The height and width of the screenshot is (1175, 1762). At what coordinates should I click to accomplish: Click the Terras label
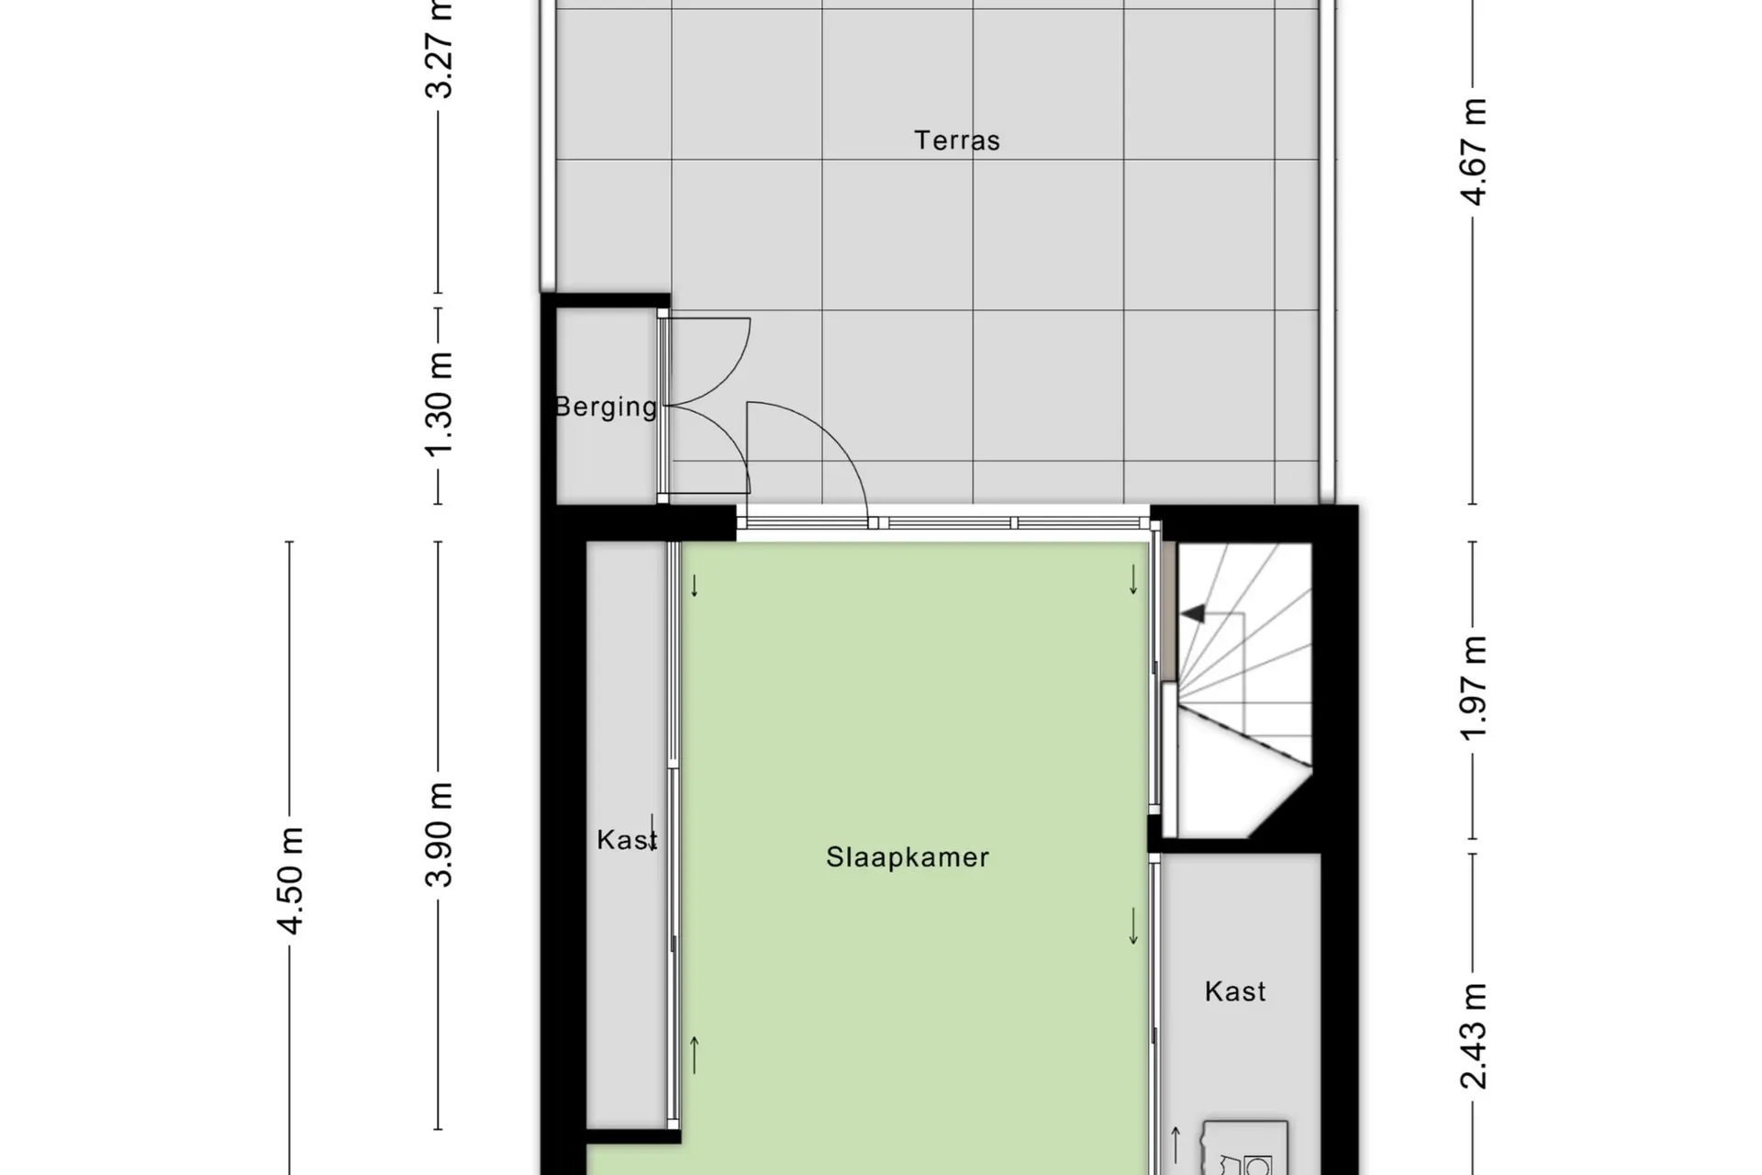[956, 140]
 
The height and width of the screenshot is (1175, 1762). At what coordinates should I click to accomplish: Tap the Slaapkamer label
[908, 857]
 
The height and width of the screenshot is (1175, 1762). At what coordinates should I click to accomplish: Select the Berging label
[606, 407]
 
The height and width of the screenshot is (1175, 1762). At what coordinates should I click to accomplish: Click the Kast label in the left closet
[627, 840]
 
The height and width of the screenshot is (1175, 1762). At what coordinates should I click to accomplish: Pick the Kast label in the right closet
[1235, 991]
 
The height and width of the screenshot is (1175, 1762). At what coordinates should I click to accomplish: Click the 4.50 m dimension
[290, 880]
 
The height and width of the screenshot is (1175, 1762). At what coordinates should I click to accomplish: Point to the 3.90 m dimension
[439, 834]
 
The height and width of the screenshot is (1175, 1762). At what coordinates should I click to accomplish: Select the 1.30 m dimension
[439, 403]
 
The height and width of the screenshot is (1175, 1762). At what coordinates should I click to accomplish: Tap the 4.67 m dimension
[1473, 151]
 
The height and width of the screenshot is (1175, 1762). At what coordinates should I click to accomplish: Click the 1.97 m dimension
[1473, 688]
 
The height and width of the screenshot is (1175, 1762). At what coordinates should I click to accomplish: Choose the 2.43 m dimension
[1473, 1035]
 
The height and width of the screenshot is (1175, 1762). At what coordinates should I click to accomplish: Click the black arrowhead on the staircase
[1193, 613]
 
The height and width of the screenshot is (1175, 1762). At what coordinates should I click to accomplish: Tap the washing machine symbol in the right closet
[1245, 1147]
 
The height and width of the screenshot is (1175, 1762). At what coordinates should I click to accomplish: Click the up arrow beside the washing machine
[1176, 1145]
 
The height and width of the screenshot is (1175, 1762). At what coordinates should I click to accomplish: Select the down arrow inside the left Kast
[652, 832]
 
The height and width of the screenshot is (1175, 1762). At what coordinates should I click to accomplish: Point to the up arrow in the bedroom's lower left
[695, 1055]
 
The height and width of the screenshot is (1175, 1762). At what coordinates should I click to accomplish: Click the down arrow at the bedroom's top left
[695, 585]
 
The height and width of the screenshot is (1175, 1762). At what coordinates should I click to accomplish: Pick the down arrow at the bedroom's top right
[1133, 579]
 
